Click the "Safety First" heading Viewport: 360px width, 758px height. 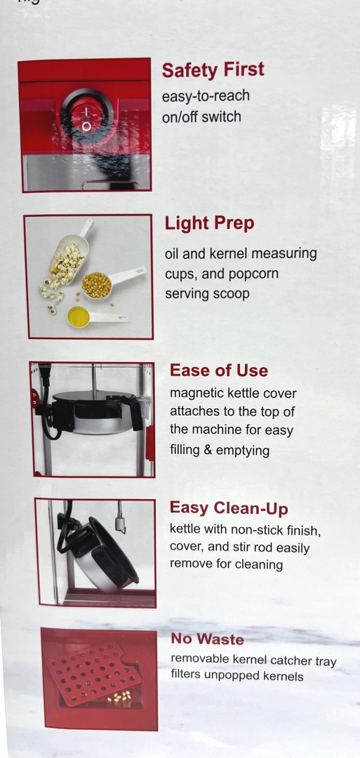pos(213,71)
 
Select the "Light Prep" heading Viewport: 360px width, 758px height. pos(209,225)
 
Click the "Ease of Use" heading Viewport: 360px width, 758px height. pos(218,371)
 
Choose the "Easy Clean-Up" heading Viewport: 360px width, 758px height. pos(229,509)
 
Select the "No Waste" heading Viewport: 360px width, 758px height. pos(207,639)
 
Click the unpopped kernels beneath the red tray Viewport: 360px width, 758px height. pos(119,696)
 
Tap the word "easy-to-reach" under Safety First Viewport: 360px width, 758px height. pos(206,96)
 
